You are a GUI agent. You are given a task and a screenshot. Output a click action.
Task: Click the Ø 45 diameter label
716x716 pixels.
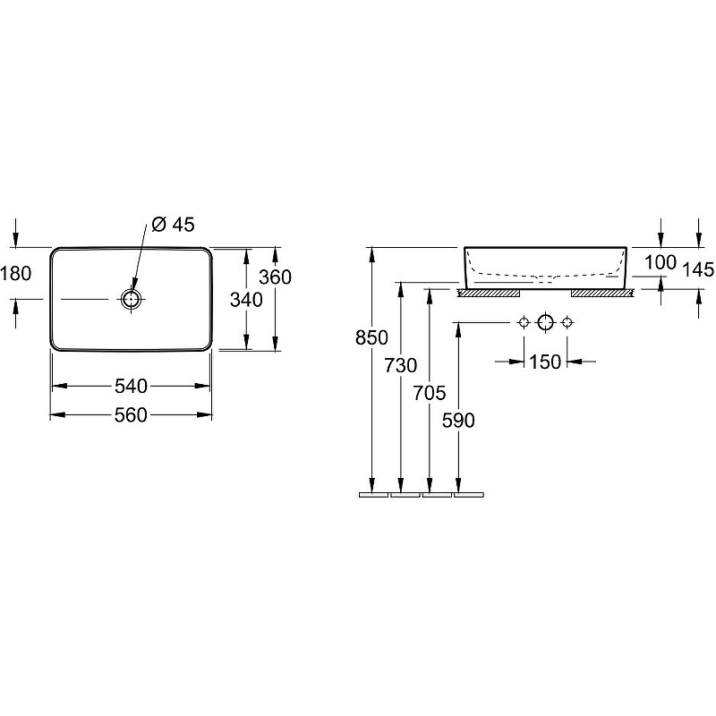point(174,225)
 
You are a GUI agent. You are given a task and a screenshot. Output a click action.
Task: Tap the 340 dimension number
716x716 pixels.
point(245,300)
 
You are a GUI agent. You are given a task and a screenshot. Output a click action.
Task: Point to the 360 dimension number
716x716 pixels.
point(275,277)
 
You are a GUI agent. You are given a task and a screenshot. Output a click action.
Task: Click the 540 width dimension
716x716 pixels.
point(131,386)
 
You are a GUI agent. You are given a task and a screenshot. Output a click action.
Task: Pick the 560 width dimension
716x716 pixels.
point(131,413)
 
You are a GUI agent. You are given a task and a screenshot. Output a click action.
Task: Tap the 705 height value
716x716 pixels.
point(430,391)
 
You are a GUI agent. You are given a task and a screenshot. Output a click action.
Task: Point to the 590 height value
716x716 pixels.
point(459,419)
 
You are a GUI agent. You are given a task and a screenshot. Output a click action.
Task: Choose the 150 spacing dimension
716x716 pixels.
point(545,362)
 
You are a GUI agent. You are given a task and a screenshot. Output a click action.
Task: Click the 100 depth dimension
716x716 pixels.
point(660,262)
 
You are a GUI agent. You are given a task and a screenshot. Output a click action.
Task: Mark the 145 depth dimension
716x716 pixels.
point(697,269)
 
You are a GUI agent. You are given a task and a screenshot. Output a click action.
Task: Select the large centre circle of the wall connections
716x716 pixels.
point(546,322)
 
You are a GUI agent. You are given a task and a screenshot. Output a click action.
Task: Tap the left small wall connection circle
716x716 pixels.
point(524,322)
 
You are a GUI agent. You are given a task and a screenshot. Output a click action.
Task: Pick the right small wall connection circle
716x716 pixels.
point(567,322)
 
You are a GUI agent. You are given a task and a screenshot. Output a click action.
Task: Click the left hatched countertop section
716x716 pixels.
point(489,292)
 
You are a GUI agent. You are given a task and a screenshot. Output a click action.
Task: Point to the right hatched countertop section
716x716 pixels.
point(602,292)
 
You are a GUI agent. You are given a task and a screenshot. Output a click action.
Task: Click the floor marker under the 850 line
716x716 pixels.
point(373,493)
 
